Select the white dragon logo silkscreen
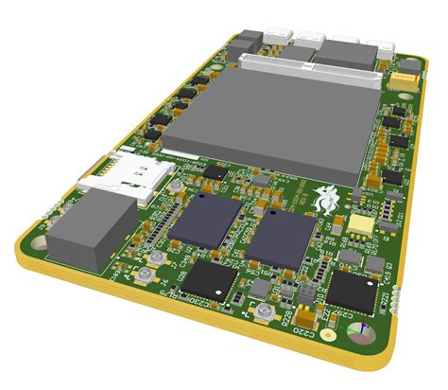tap(329, 198)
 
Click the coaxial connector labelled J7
tap(146, 276)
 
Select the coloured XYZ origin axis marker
tap(360, 331)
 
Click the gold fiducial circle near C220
tap(327, 336)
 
